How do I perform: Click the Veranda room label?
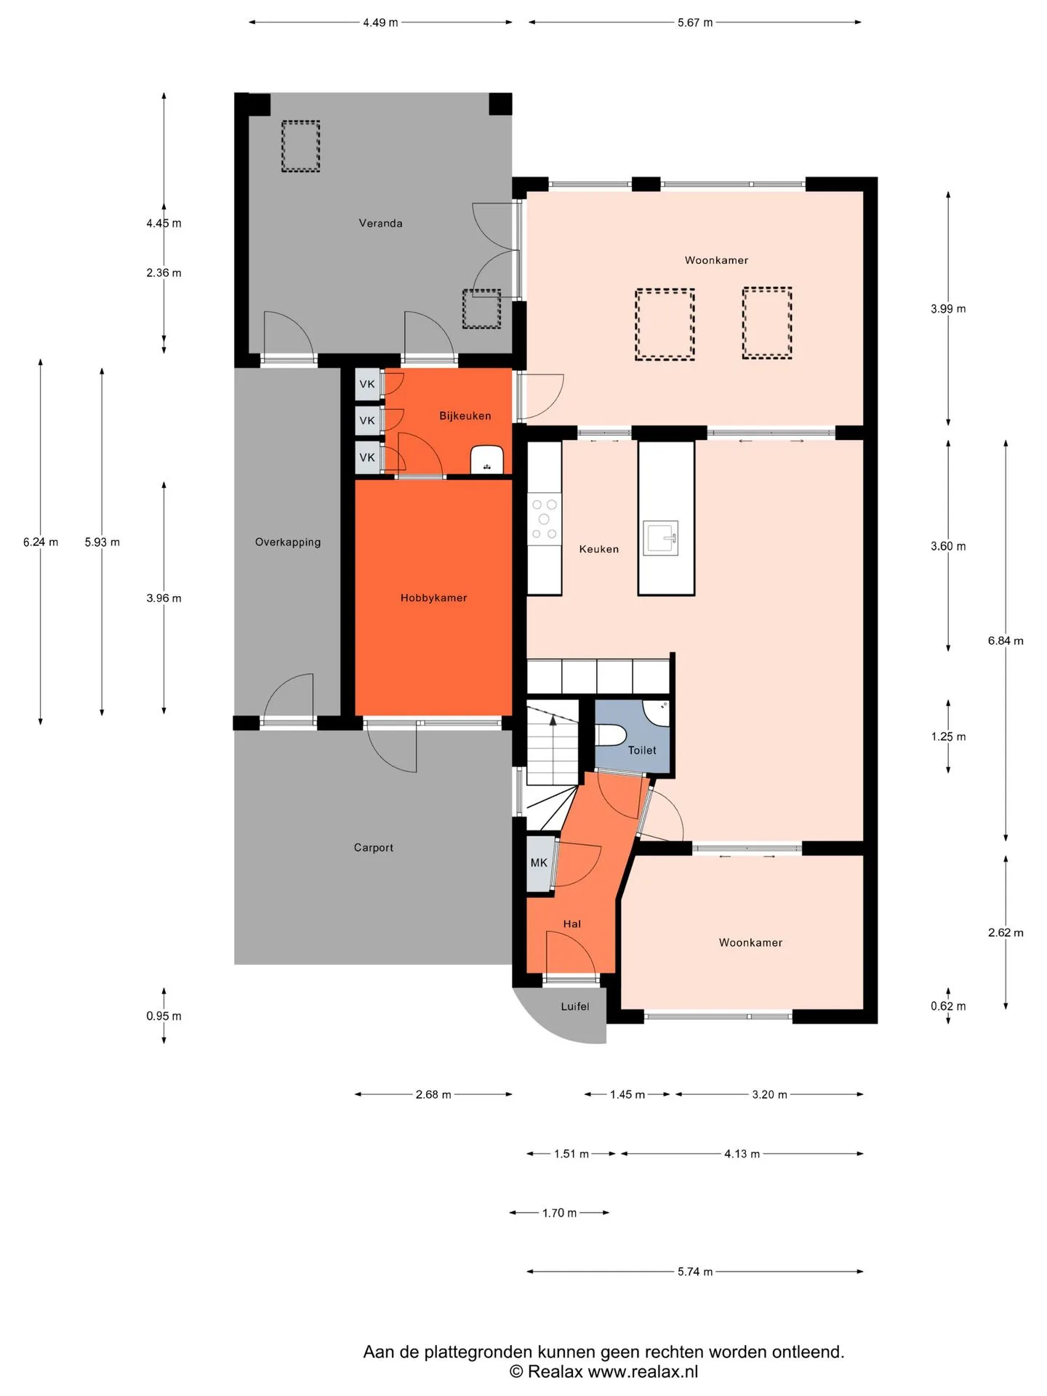coord(380,223)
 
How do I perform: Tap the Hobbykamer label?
coord(433,598)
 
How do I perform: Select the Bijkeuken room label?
coord(465,416)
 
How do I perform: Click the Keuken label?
coord(598,549)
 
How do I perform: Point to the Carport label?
coord(373,848)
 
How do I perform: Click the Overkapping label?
coord(287,542)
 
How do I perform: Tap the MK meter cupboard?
coord(539,863)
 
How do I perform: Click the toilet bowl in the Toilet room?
coord(611,735)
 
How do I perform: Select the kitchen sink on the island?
coord(660,538)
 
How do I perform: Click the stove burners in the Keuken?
coord(544,519)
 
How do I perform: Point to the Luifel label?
coord(574,1006)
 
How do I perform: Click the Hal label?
coord(571,924)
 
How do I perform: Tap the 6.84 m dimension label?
coord(1005,641)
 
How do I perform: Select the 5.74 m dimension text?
coord(694,1272)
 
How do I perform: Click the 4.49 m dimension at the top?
coord(380,23)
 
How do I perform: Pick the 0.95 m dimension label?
coord(164,1016)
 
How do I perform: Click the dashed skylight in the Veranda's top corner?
coord(300,146)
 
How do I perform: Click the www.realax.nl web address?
coord(643,1371)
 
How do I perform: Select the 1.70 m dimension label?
coord(559,1213)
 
